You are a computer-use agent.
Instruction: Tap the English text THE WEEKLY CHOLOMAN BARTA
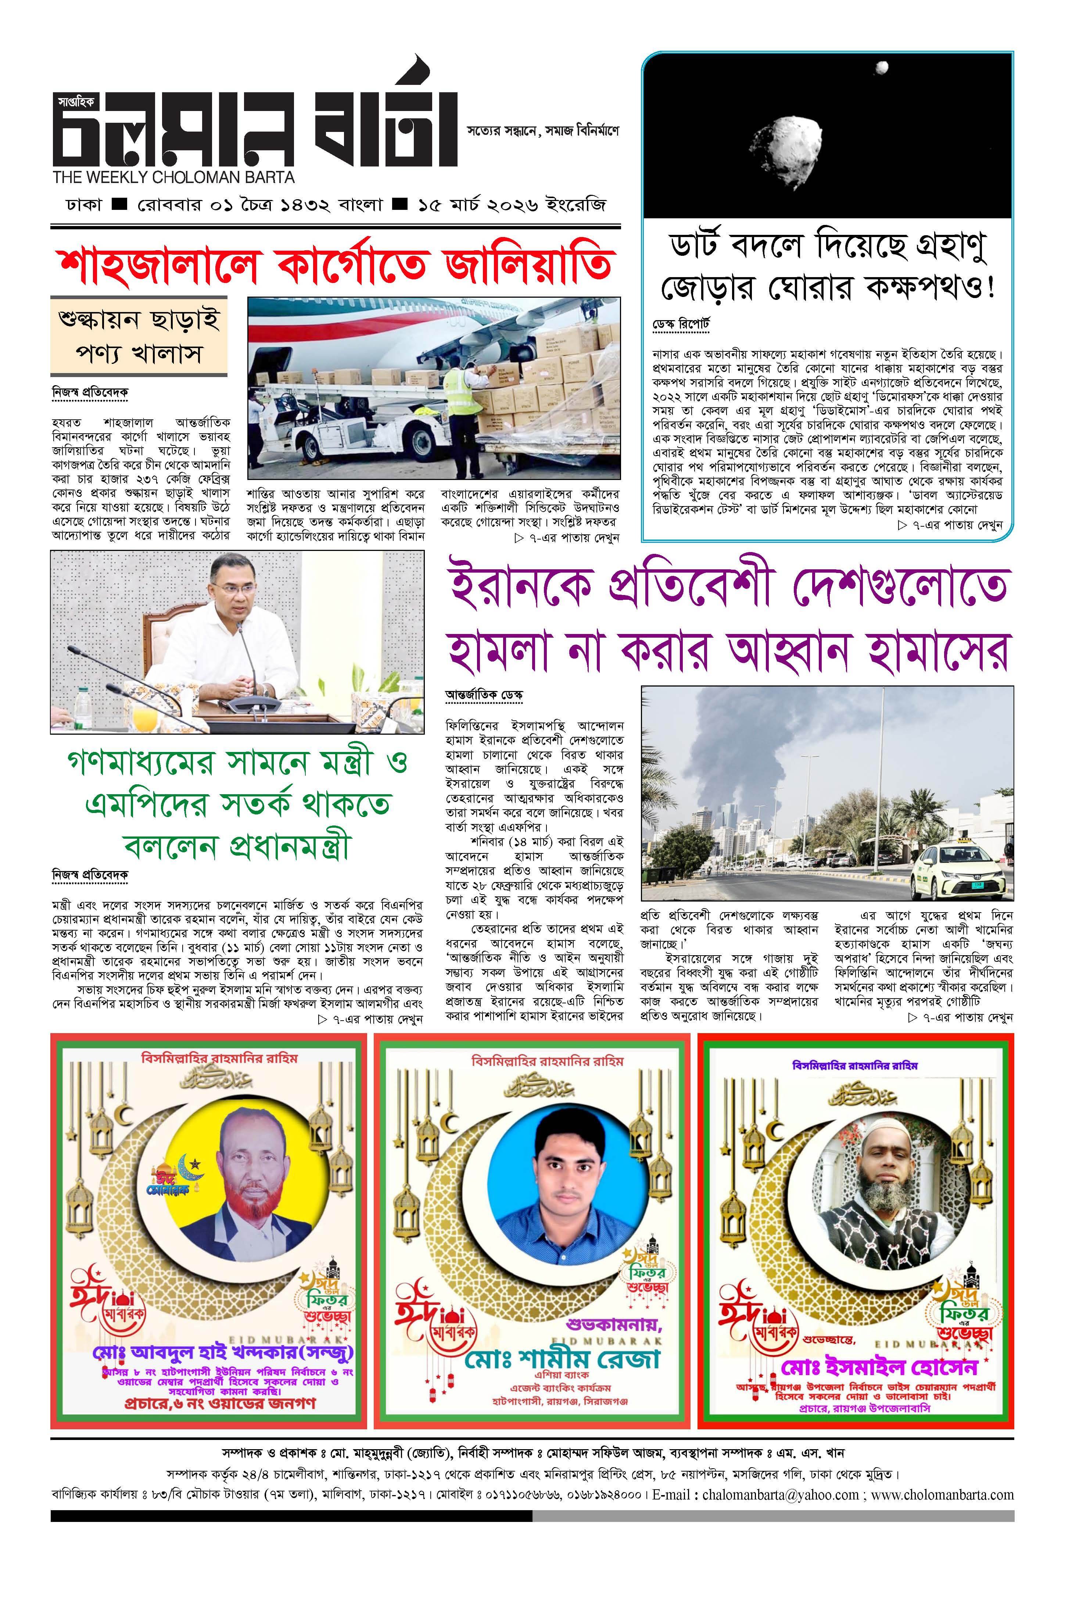[x=174, y=177]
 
